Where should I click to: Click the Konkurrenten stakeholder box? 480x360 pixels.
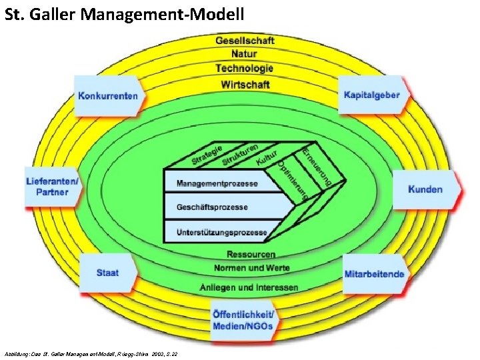[109, 96]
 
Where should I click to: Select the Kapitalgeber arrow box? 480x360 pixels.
[372, 95]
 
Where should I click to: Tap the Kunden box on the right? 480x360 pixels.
[425, 189]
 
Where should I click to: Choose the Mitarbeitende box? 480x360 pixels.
[374, 274]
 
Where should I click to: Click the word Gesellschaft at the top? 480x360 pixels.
[245, 41]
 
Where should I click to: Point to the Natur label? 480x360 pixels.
[245, 55]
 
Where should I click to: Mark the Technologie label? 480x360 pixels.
[245, 69]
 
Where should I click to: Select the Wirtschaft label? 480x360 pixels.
[245, 84]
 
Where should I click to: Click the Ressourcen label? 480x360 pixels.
[251, 254]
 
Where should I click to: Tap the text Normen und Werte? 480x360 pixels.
[251, 267]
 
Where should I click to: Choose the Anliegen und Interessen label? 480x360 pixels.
[249, 287]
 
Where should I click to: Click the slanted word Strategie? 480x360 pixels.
[207, 153]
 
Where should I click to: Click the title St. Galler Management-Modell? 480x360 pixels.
[125, 13]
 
